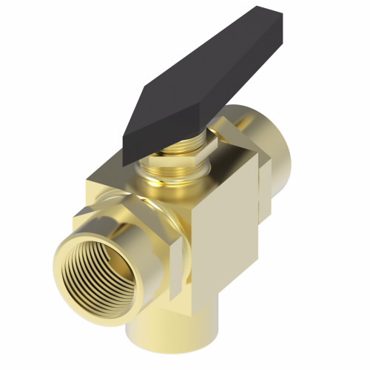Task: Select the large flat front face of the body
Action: (222, 237)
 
